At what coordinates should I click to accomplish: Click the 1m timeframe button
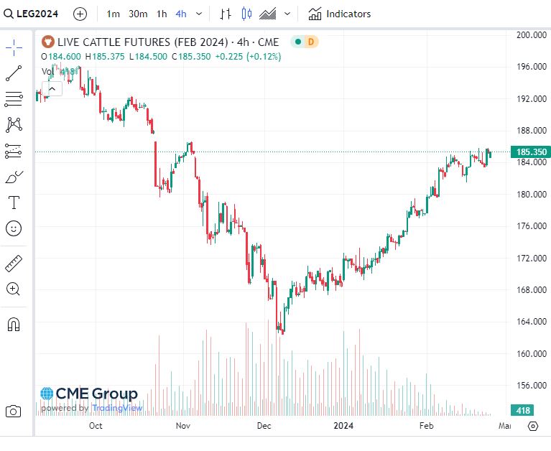coord(114,14)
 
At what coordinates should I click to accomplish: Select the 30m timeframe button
coord(138,14)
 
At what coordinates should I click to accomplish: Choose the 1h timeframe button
coord(162,14)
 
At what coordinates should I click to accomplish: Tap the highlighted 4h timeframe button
coord(180,14)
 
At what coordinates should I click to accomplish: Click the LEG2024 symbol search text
coord(45,14)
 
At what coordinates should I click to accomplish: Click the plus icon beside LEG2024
coord(80,14)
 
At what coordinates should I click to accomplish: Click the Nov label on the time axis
coord(182,426)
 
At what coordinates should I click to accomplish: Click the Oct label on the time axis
coord(96,426)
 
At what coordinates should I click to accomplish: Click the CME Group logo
coord(89,394)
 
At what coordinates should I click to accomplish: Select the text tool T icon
coord(14,202)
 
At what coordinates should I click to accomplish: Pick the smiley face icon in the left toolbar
coord(14,228)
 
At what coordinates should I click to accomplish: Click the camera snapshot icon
coord(13,412)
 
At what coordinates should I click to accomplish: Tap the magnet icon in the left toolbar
coord(14,324)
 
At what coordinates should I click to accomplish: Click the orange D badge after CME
coord(311,42)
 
